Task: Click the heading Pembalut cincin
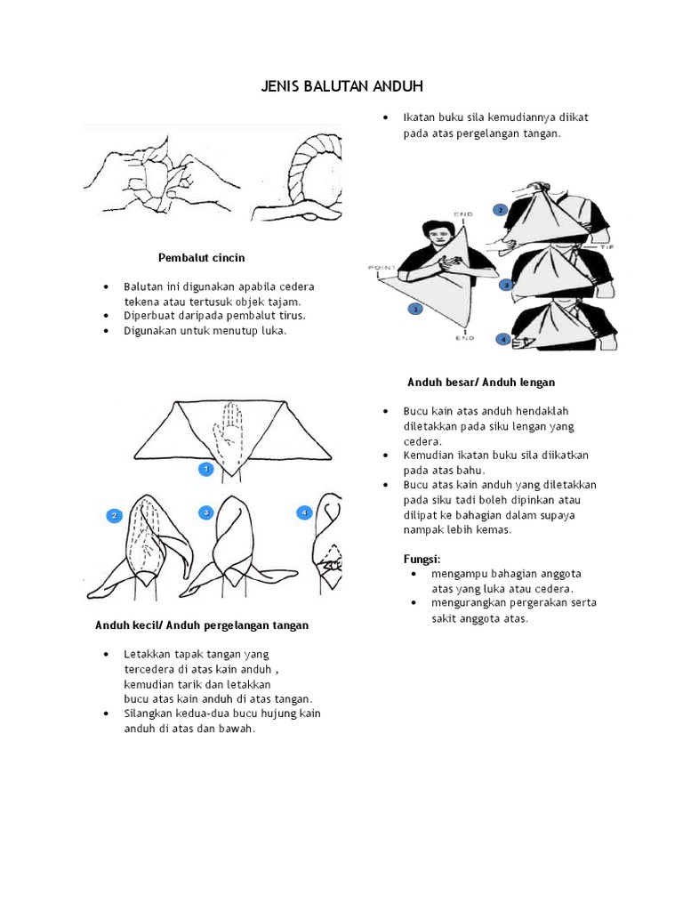(201, 258)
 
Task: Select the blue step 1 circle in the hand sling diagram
(205, 468)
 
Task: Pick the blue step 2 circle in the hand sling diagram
(114, 515)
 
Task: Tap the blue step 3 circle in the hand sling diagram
(205, 512)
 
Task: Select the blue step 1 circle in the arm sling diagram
(414, 309)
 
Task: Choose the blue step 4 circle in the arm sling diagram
(503, 339)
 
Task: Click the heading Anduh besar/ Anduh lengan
(481, 383)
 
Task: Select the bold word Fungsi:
(422, 558)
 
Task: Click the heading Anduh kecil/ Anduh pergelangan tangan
(202, 625)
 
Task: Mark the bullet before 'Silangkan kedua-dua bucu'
(106, 713)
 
